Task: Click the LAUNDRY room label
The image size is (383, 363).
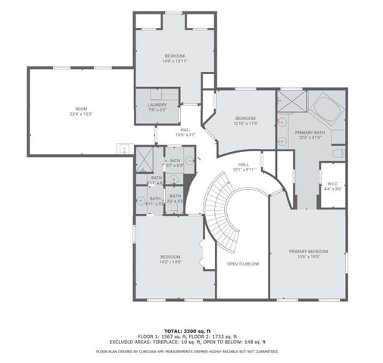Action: click(x=157, y=107)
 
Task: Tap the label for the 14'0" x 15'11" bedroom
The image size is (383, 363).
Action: click(x=174, y=59)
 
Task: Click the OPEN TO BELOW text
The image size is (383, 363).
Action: click(x=242, y=264)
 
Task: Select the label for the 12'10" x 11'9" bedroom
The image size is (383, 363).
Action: click(x=246, y=121)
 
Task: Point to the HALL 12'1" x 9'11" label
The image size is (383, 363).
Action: click(x=244, y=166)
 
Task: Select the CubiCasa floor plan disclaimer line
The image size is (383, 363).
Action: click(x=188, y=352)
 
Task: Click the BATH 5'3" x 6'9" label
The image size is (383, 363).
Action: click(x=174, y=163)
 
